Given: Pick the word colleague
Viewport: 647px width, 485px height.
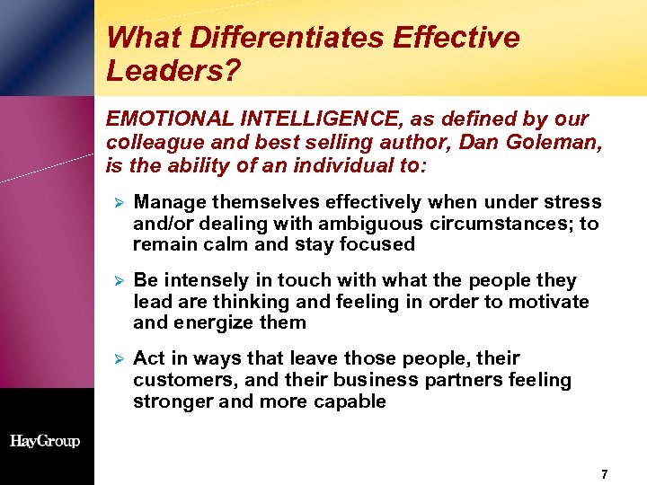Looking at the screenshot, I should [148, 142].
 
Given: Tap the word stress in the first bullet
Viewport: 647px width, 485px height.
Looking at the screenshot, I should [573, 202].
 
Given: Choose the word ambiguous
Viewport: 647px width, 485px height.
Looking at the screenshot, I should [377, 223].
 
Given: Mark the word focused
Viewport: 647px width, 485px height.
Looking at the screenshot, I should [380, 244].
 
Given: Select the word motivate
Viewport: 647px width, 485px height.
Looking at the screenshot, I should [550, 302].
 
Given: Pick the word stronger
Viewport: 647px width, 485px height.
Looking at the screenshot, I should [173, 401].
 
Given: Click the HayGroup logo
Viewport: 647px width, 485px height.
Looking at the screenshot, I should [45, 441].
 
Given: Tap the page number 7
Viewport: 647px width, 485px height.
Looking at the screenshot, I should [605, 473].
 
